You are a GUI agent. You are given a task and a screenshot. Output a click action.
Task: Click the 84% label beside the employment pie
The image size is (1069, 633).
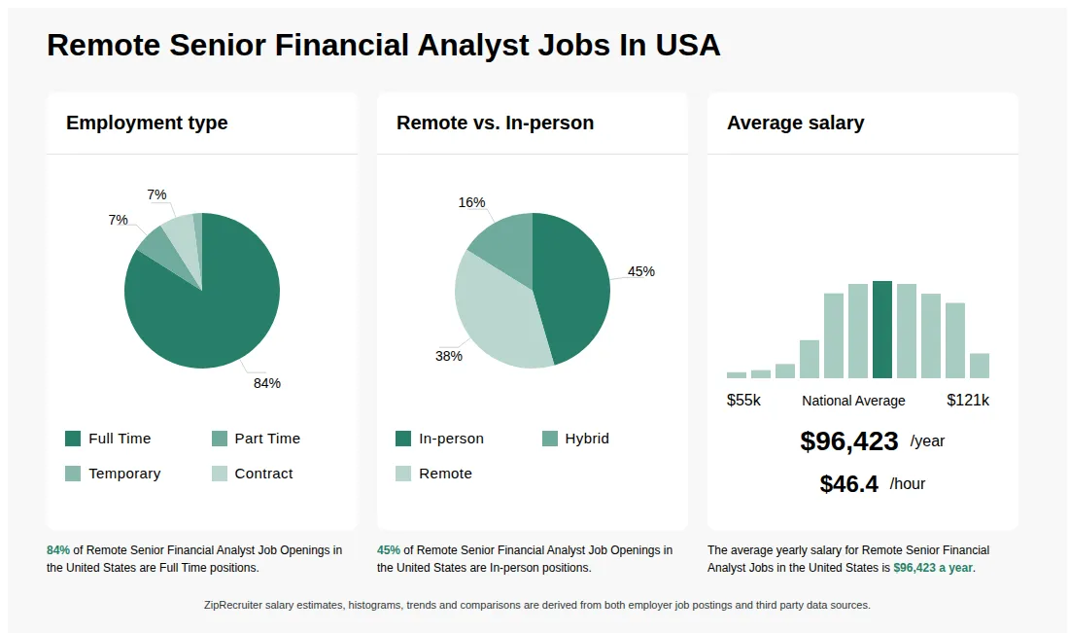coord(267,383)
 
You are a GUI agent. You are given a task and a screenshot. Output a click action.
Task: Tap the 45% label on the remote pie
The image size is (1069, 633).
coord(641,271)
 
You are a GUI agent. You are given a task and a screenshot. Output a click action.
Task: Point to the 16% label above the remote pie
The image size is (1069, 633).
coord(471,202)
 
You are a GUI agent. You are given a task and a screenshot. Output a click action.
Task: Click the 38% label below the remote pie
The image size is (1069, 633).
coord(448,356)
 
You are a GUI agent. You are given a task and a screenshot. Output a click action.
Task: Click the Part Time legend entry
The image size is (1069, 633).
coord(257,439)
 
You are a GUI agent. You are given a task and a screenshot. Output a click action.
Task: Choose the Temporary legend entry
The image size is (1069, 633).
coord(113,474)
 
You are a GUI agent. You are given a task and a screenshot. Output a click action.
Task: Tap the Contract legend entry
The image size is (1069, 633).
coord(253,474)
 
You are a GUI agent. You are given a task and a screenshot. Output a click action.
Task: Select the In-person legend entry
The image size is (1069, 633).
coord(440,439)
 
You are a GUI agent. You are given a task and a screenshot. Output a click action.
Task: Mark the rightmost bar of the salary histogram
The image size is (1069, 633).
coord(979,366)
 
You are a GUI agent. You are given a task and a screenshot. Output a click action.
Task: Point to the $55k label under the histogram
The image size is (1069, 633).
coord(743,401)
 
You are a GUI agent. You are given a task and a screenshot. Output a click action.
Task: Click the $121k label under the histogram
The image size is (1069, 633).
coord(968,401)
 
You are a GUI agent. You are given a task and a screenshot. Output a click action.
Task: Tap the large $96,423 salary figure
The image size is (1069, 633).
coord(849,441)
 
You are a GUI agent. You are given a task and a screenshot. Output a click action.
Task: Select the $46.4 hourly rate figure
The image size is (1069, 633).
coord(848,484)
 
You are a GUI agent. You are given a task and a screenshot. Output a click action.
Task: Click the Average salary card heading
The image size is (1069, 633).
coord(795,123)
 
